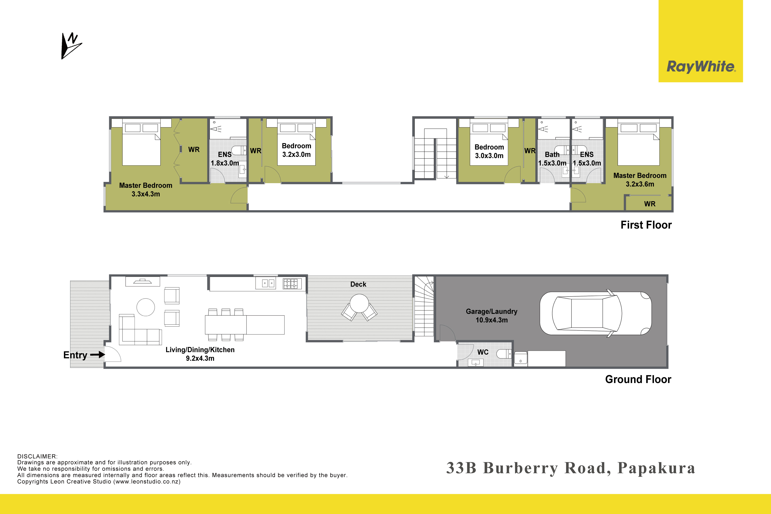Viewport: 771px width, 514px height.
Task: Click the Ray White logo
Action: pyautogui.click(x=701, y=67)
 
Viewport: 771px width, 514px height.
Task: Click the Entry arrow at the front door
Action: pyautogui.click(x=97, y=354)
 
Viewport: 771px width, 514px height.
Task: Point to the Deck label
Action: pyautogui.click(x=358, y=284)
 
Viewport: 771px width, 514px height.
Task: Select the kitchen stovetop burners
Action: pyautogui.click(x=292, y=283)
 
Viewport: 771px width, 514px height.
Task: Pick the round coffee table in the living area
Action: pyautogui.click(x=146, y=307)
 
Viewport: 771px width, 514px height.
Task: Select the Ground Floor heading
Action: pyautogui.click(x=638, y=379)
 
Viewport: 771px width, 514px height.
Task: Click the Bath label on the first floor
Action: pyautogui.click(x=552, y=154)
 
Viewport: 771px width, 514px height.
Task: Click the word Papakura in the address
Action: pyautogui.click(x=656, y=468)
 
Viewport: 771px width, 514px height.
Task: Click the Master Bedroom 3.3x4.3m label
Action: pyautogui.click(x=146, y=189)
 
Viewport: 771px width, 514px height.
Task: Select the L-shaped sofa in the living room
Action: pyautogui.click(x=140, y=329)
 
